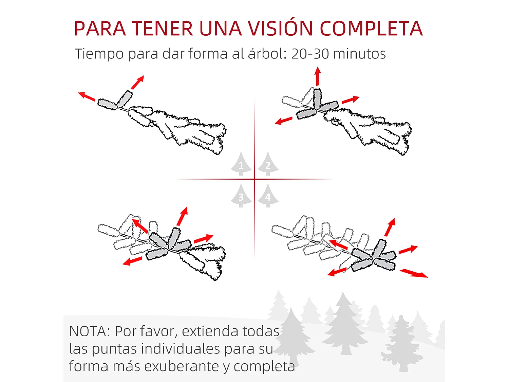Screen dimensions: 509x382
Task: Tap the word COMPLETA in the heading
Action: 371,29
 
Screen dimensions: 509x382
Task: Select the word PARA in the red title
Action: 100,29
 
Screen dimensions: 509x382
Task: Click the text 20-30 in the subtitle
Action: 310,54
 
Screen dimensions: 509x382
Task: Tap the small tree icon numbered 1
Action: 241,164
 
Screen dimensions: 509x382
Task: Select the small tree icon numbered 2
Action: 268,164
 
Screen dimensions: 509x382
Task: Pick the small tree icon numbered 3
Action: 241,195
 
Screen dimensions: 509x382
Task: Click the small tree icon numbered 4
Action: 268,195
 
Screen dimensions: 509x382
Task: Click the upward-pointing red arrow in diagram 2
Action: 318,76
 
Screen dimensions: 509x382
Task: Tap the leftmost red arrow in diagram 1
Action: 87,96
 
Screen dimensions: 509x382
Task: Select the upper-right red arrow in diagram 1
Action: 137,82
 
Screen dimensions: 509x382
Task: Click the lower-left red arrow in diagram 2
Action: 283,121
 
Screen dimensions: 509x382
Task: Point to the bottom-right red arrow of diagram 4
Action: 414,273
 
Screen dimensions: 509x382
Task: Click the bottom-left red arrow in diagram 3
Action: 132,261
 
